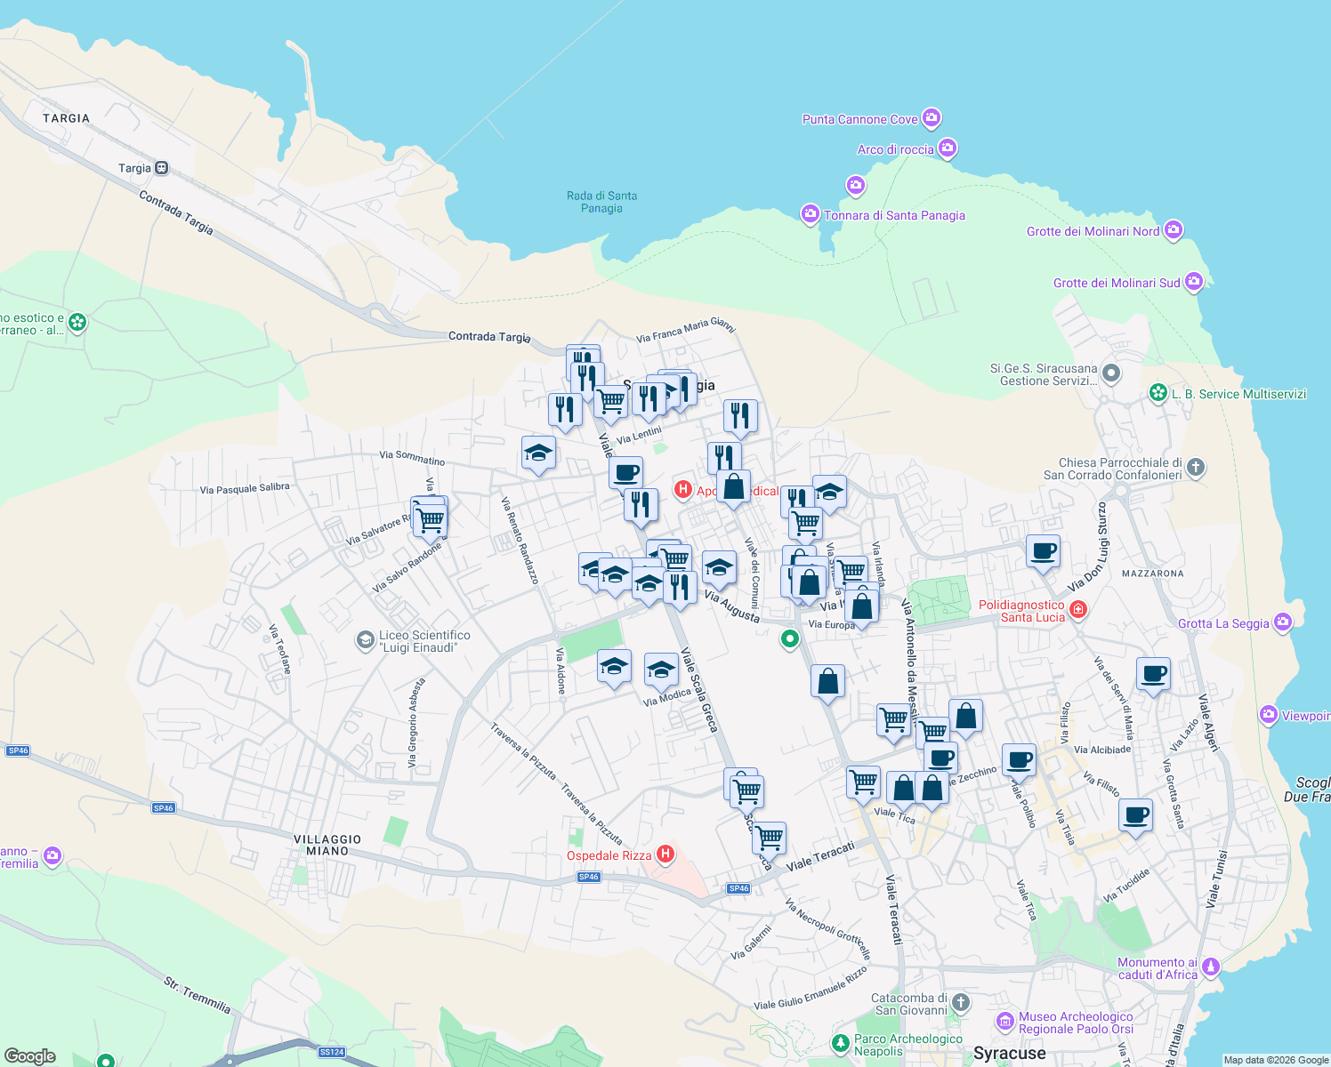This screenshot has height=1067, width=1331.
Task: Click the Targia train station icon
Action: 161,168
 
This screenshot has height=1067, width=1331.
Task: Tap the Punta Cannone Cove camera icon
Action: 932,117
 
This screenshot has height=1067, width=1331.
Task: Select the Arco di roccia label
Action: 895,149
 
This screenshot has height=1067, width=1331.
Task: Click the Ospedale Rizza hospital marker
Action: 665,855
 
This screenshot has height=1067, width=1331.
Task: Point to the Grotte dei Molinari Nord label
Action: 1093,231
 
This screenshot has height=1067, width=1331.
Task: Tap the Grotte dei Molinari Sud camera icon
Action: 1194,283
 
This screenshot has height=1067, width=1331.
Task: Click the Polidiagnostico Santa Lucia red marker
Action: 1078,609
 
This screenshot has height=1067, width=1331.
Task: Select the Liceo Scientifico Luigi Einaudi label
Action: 424,641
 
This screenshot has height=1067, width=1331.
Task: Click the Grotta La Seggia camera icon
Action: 1282,622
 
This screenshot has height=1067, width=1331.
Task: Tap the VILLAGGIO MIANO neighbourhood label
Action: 327,845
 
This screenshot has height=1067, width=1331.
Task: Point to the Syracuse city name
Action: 1009,1054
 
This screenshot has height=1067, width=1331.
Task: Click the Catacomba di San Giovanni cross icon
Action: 960,1004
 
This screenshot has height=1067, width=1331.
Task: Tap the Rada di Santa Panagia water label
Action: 602,202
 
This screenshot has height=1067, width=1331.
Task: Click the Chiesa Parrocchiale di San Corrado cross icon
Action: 1196,467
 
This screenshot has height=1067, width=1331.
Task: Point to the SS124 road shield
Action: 331,1052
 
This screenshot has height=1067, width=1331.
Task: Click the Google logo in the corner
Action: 30,1056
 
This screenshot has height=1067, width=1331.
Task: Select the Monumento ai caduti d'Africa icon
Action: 1210,967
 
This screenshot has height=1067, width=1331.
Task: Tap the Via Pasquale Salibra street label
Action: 245,488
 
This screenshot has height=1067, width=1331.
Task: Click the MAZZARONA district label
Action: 1152,574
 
